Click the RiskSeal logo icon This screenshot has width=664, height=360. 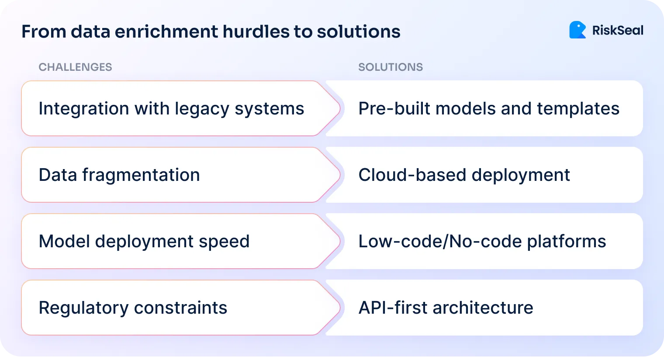pos(577,30)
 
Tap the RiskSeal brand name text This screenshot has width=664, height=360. pos(618,31)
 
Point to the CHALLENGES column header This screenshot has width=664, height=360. pos(75,67)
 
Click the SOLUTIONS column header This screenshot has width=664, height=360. pos(391,67)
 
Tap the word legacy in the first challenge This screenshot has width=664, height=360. pos(202,109)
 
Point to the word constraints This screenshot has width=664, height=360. pos(180,308)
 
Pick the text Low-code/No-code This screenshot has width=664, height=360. pos(440,242)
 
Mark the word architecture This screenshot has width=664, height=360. pos(483,308)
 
